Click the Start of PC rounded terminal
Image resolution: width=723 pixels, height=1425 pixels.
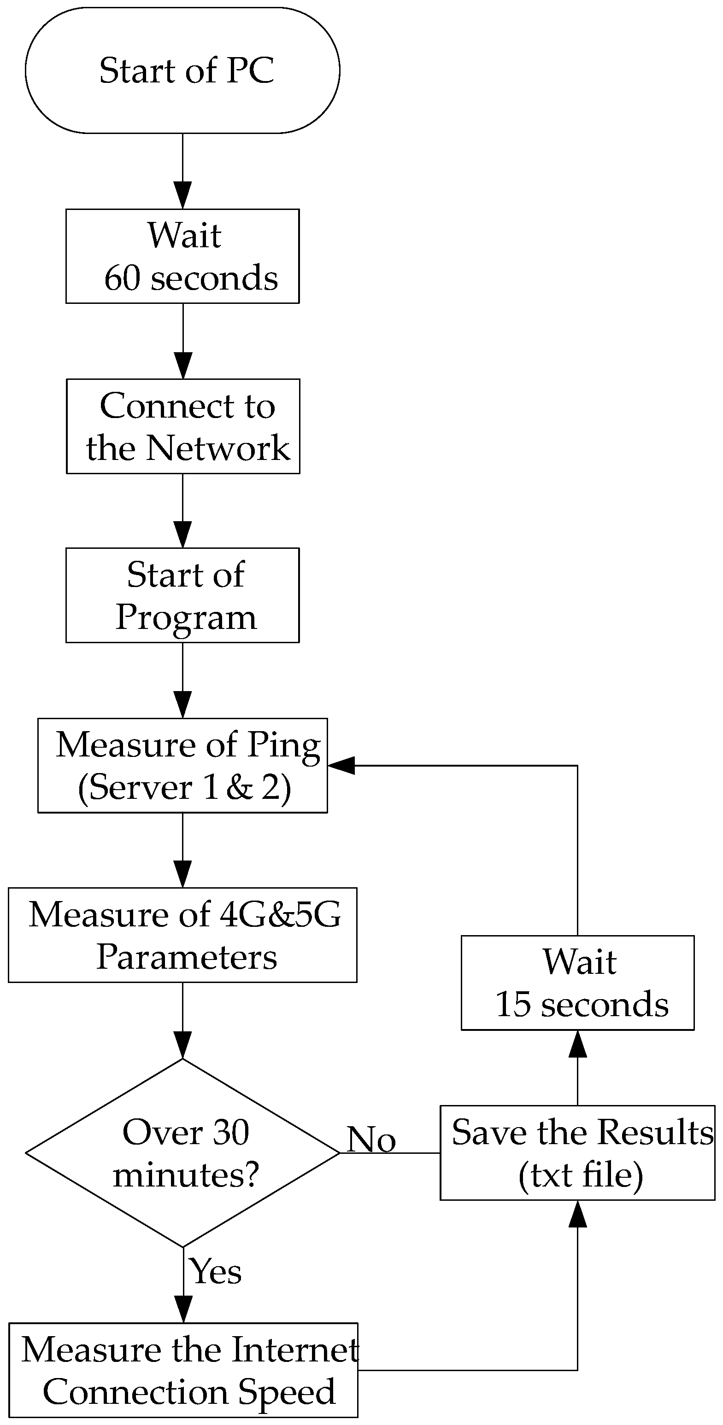(x=182, y=70)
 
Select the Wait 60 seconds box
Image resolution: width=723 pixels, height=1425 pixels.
(x=182, y=256)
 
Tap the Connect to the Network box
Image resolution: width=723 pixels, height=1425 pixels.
(x=182, y=426)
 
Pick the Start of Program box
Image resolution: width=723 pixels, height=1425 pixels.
(x=182, y=595)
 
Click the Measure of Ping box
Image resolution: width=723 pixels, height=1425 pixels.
(x=182, y=766)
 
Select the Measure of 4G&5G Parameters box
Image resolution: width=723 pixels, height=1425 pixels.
(x=182, y=936)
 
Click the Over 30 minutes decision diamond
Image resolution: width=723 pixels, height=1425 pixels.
(x=182, y=1153)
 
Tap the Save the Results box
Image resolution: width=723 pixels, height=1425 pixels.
(x=577, y=1153)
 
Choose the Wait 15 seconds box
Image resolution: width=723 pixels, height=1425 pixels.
(x=577, y=983)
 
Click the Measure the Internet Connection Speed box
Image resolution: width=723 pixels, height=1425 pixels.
(x=182, y=1370)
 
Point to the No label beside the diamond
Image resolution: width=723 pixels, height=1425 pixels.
(x=371, y=1140)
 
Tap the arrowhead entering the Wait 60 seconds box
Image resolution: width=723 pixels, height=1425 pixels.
(x=182, y=195)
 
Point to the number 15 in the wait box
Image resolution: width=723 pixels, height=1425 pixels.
(x=512, y=1005)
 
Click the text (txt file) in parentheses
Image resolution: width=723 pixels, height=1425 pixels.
(x=580, y=1175)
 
